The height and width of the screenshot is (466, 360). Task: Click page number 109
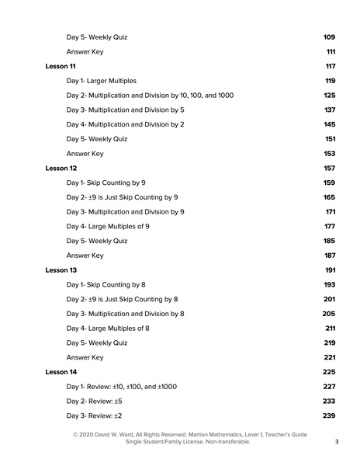pyautogui.click(x=328, y=37)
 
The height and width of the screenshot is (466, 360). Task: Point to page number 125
pyautogui.click(x=329, y=96)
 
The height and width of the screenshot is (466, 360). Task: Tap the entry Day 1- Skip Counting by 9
pyautogui.click(x=106, y=183)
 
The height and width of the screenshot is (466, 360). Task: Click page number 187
pyautogui.click(x=329, y=256)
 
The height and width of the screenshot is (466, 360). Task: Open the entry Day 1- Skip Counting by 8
pyautogui.click(x=106, y=284)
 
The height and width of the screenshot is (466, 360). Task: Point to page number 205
pyautogui.click(x=328, y=314)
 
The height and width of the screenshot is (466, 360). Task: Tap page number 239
pyautogui.click(x=328, y=416)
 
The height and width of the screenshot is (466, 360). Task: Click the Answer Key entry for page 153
pyautogui.click(x=85, y=154)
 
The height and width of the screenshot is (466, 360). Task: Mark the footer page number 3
pyautogui.click(x=337, y=442)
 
